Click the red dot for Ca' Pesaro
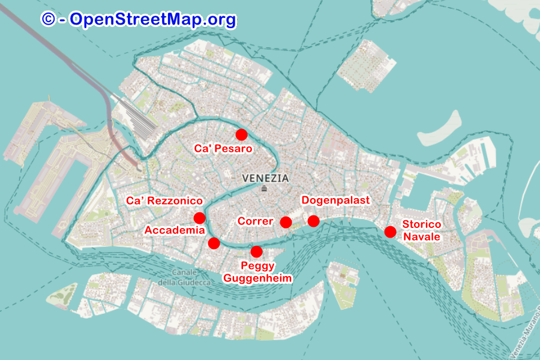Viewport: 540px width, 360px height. (241, 134)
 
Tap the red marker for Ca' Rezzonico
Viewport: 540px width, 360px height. (199, 218)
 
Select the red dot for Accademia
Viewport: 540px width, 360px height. (214, 243)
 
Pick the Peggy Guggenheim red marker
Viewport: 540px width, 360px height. (256, 251)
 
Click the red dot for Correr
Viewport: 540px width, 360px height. (286, 223)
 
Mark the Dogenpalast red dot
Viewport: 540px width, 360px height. (313, 221)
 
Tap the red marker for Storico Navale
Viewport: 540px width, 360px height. (390, 232)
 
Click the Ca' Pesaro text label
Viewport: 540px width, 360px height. (223, 148)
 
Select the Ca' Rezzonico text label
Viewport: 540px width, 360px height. (164, 200)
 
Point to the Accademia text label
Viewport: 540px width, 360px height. (175, 230)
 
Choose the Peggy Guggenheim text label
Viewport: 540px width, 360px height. (257, 272)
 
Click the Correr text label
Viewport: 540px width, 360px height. (256, 221)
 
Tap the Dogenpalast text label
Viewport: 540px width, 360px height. (336, 200)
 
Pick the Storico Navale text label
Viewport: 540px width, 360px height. (422, 230)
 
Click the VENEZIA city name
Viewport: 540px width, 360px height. (265, 178)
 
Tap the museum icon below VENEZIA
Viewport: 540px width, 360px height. (265, 188)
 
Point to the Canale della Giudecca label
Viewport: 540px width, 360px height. (184, 278)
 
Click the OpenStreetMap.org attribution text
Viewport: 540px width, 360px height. (152, 19)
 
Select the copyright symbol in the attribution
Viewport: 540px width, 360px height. (48, 19)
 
